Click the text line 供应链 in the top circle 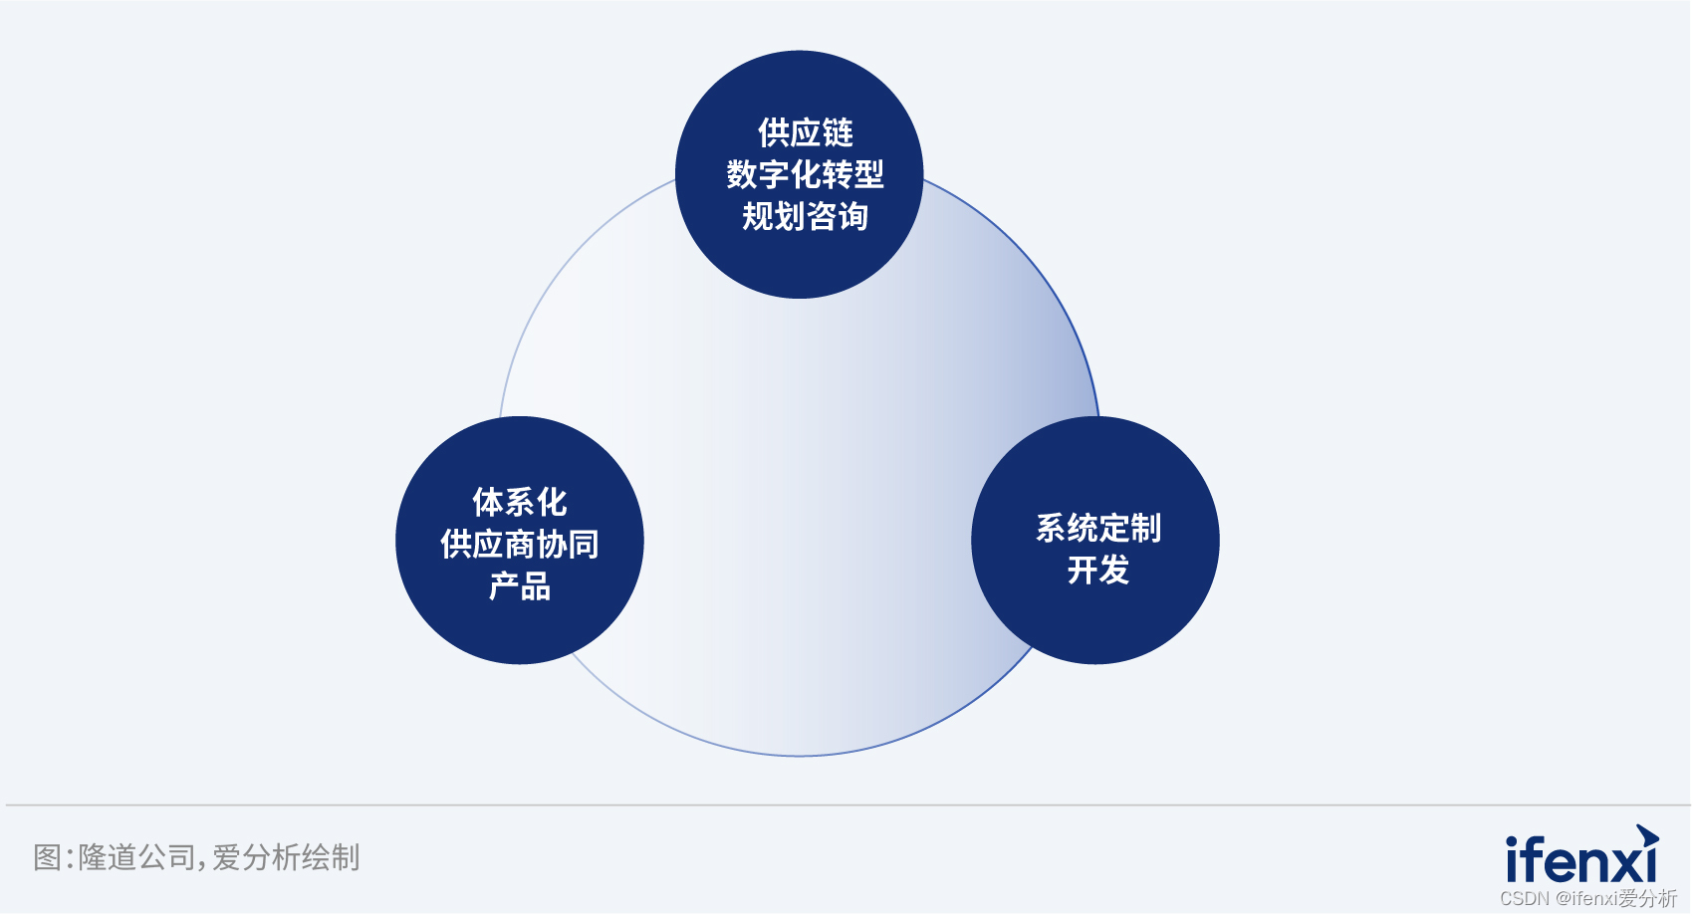pyautogui.click(x=806, y=133)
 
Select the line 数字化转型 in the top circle pyautogui.click(x=806, y=174)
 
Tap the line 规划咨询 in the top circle pyautogui.click(x=806, y=216)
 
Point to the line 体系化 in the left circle pyautogui.click(x=520, y=502)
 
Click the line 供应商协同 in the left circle pyautogui.click(x=520, y=544)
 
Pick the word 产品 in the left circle pyautogui.click(x=520, y=585)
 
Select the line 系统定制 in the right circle pyautogui.click(x=1098, y=528)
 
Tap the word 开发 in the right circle pyautogui.click(x=1098, y=570)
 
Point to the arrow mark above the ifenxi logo pyautogui.click(x=1647, y=836)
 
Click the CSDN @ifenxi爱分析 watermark pyautogui.click(x=1588, y=898)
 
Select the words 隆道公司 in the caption pyautogui.click(x=136, y=857)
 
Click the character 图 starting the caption pyautogui.click(x=47, y=857)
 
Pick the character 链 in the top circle pyautogui.click(x=839, y=133)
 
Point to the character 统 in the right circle pyautogui.click(x=1083, y=528)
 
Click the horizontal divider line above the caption pyautogui.click(x=846, y=805)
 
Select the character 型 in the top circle pyautogui.click(x=869, y=174)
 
